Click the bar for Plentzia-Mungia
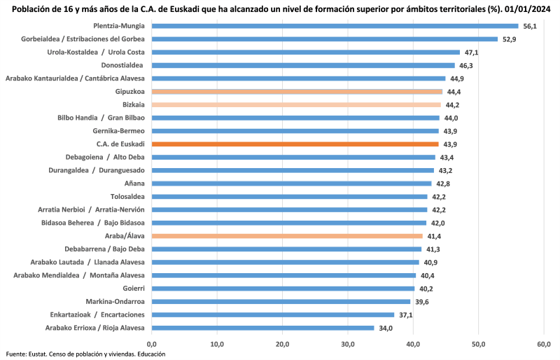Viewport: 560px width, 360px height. point(335,26)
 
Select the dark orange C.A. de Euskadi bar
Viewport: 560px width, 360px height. point(295,144)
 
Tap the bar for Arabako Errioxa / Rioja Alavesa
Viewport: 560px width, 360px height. point(262,328)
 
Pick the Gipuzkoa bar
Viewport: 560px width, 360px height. point(297,91)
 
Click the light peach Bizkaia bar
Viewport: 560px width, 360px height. point(296,104)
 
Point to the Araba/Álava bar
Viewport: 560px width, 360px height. point(287,236)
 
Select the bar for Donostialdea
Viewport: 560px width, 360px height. point(303,65)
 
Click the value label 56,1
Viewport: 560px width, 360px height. point(530,26)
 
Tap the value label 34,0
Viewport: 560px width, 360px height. point(385,328)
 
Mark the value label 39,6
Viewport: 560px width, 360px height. point(421,302)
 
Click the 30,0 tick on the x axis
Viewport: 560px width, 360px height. point(348,344)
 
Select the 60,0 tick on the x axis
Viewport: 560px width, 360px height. point(545,344)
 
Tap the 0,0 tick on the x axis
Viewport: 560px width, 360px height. point(152,344)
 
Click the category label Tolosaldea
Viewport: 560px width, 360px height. point(127,197)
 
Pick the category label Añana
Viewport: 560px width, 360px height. point(134,184)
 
